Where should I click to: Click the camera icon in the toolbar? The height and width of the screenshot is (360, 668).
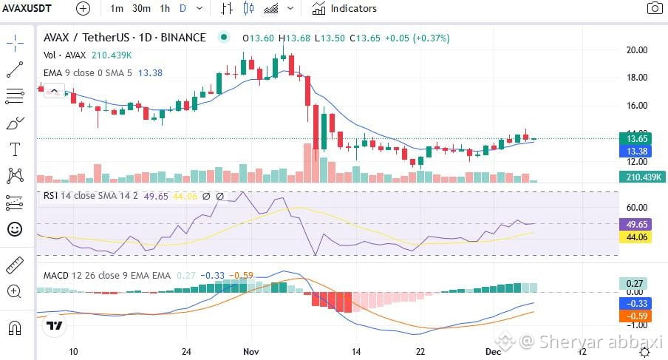[655, 8]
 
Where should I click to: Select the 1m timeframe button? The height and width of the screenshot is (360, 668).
[116, 9]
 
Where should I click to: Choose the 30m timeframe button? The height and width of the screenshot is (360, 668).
[141, 9]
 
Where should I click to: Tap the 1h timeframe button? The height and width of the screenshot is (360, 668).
[165, 9]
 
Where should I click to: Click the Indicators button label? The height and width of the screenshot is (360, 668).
[354, 9]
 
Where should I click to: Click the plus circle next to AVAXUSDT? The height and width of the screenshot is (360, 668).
[83, 9]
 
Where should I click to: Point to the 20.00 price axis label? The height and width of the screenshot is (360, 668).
[636, 50]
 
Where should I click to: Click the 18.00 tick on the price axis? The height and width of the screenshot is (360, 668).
[636, 78]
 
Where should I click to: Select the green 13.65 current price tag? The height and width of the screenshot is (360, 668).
[635, 138]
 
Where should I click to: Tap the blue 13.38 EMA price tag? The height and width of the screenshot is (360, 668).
[635, 152]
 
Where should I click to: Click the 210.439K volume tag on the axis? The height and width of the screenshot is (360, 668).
[642, 177]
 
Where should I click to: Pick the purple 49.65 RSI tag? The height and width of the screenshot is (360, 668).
[635, 224]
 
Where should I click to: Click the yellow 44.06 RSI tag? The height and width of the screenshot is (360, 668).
[635, 237]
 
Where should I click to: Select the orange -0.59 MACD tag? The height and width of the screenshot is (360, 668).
[635, 316]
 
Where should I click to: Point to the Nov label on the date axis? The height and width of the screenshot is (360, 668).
[251, 351]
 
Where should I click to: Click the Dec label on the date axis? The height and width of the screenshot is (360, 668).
[494, 351]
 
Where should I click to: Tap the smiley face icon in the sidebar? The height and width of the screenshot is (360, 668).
[15, 229]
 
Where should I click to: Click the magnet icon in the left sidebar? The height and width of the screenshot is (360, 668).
[15, 328]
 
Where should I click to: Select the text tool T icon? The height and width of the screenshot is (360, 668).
[15, 149]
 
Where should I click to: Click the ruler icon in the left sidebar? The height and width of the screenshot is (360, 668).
[15, 265]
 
